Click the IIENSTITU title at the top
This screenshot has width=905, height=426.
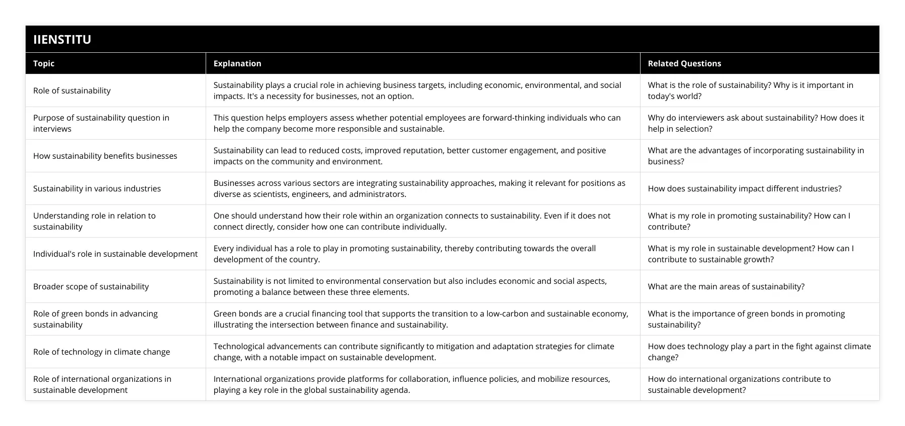(62, 39)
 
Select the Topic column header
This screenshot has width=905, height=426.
(44, 63)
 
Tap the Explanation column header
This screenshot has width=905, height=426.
(237, 63)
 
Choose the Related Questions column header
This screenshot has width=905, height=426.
(684, 63)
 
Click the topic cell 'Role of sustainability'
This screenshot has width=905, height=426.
(72, 90)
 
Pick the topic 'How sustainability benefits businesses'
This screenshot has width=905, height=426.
(105, 156)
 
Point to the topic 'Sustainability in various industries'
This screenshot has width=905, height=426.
(97, 188)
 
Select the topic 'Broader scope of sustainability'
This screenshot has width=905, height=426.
(91, 286)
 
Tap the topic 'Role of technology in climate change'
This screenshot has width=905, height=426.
(102, 352)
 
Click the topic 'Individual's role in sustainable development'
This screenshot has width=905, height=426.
(115, 254)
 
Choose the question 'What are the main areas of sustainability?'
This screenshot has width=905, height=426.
(726, 286)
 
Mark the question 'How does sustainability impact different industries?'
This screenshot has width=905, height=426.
(745, 188)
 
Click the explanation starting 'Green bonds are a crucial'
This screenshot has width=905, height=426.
(421, 319)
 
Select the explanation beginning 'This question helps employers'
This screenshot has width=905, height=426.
(417, 123)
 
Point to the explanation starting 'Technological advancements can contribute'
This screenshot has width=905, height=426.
(414, 352)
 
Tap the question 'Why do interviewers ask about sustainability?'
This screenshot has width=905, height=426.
(756, 123)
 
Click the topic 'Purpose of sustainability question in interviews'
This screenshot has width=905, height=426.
(101, 123)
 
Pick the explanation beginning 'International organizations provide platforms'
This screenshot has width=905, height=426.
(412, 384)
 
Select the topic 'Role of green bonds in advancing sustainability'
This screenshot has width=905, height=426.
(96, 319)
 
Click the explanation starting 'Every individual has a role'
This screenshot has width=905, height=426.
(405, 254)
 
